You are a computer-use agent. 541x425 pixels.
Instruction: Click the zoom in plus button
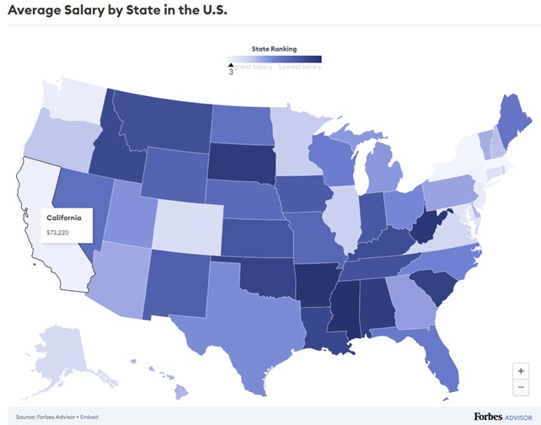[522, 370]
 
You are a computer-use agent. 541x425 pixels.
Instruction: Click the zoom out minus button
[522, 386]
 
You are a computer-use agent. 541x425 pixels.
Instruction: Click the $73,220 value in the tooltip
[56, 231]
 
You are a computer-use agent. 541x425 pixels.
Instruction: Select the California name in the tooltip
[63, 218]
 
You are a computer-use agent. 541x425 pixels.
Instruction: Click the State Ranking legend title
[274, 49]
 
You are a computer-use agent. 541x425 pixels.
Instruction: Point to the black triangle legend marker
[231, 64]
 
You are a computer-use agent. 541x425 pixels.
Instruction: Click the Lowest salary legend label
[301, 67]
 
